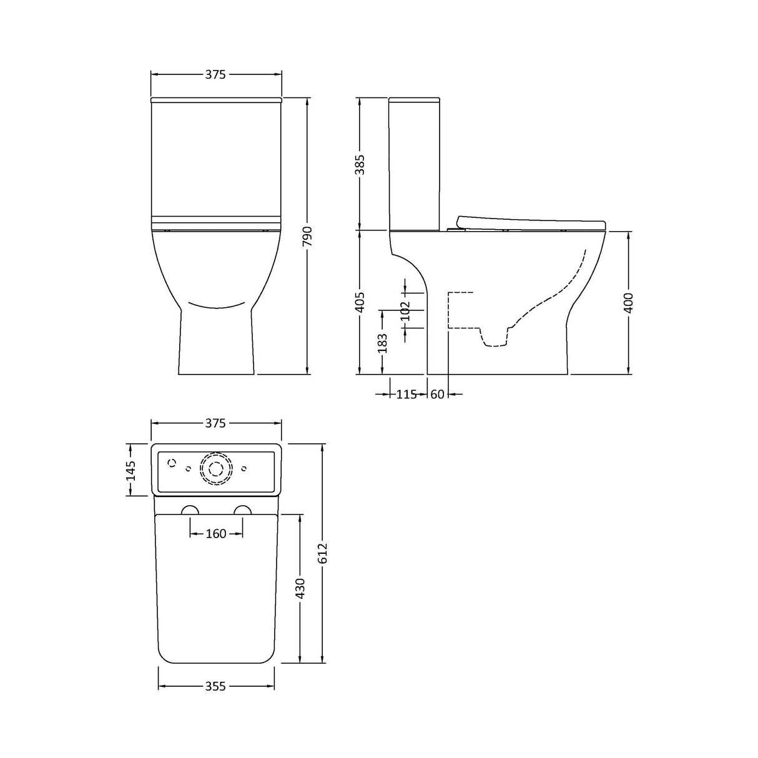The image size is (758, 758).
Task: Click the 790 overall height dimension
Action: click(307, 237)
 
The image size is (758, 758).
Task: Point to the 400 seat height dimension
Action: click(628, 303)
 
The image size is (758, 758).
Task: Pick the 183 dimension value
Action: click(383, 343)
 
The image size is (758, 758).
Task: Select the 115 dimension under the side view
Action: click(406, 394)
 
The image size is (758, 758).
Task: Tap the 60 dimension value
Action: click(437, 394)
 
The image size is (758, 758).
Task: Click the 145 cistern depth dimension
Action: click(130, 470)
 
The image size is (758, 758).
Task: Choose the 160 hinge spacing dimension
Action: click(216, 534)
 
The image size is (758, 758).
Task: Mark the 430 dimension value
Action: click(300, 588)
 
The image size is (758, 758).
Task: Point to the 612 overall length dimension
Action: click(322, 553)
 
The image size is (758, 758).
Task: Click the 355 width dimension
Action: click(215, 686)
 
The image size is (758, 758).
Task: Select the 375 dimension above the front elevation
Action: click(215, 74)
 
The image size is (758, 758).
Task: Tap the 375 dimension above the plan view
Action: click(215, 423)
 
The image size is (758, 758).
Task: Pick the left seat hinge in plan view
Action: click(190, 509)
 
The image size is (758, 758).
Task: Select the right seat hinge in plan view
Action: click(243, 509)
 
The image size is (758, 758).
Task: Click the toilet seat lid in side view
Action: click(531, 222)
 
